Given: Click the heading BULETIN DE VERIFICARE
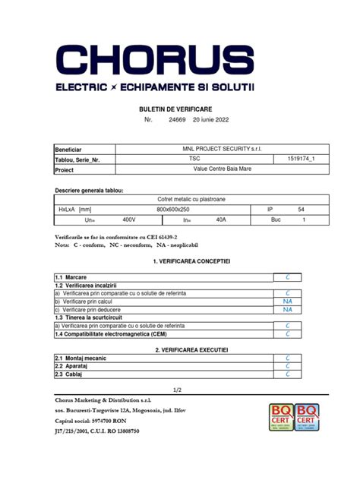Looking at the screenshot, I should [x=179, y=109].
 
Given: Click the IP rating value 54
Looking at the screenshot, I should [x=301, y=209].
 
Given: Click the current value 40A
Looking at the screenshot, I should [x=220, y=219].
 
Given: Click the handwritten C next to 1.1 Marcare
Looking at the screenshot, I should [x=288, y=279].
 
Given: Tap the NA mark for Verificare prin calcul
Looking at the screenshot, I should [x=288, y=301].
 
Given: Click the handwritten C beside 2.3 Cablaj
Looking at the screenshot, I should [x=288, y=374].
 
